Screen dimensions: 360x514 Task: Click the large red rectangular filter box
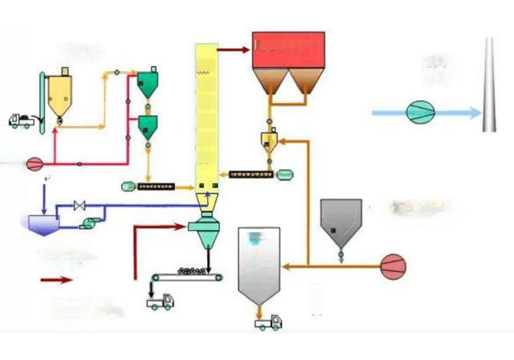point(288,50)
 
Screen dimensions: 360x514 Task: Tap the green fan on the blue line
point(420,112)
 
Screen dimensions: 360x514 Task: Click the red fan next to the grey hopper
point(393,267)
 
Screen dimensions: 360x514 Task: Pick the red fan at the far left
point(34,164)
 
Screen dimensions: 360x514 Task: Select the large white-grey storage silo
point(259,267)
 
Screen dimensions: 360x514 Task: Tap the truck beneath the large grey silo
point(268,322)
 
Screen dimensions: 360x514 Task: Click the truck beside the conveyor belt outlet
point(160,301)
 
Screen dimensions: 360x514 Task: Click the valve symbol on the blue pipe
point(79,206)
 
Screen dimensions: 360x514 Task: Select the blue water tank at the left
point(44,225)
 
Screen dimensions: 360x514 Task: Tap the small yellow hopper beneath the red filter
point(269,140)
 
